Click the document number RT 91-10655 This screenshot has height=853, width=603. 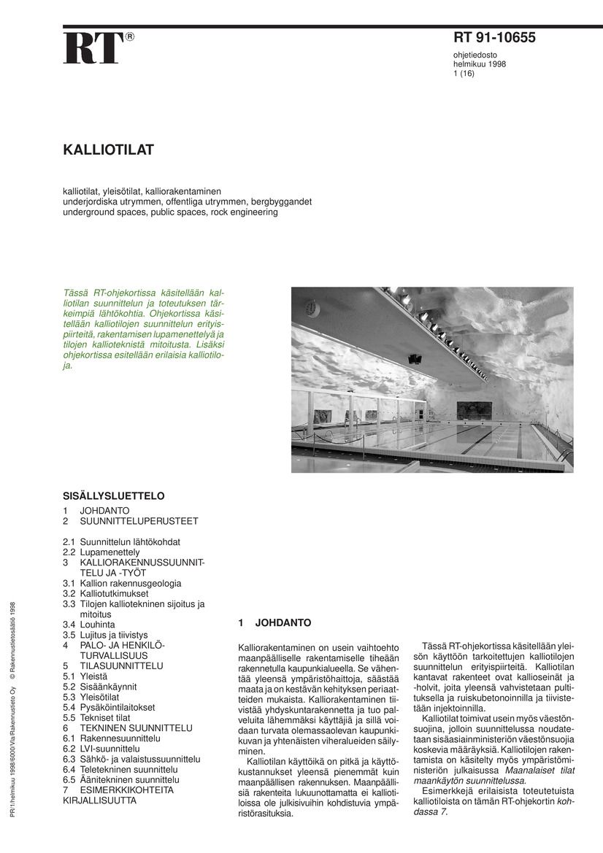(x=494, y=38)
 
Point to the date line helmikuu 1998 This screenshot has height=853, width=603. (x=480, y=63)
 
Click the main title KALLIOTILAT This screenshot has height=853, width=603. (x=108, y=150)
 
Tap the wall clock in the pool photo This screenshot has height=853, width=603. (x=313, y=308)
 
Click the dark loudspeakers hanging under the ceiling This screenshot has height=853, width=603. (x=415, y=358)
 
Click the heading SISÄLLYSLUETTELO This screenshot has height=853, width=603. (x=113, y=496)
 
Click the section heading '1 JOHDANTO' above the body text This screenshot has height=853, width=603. (x=274, y=623)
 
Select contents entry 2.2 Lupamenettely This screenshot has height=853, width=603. (x=101, y=553)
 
